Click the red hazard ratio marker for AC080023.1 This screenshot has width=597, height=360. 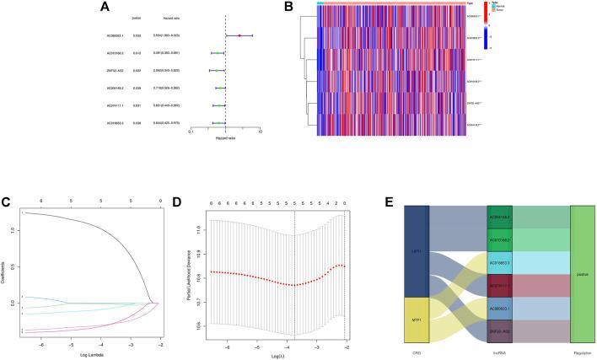239,36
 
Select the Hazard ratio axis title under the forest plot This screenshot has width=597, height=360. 225,137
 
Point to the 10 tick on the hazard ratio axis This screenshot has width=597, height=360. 261,131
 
